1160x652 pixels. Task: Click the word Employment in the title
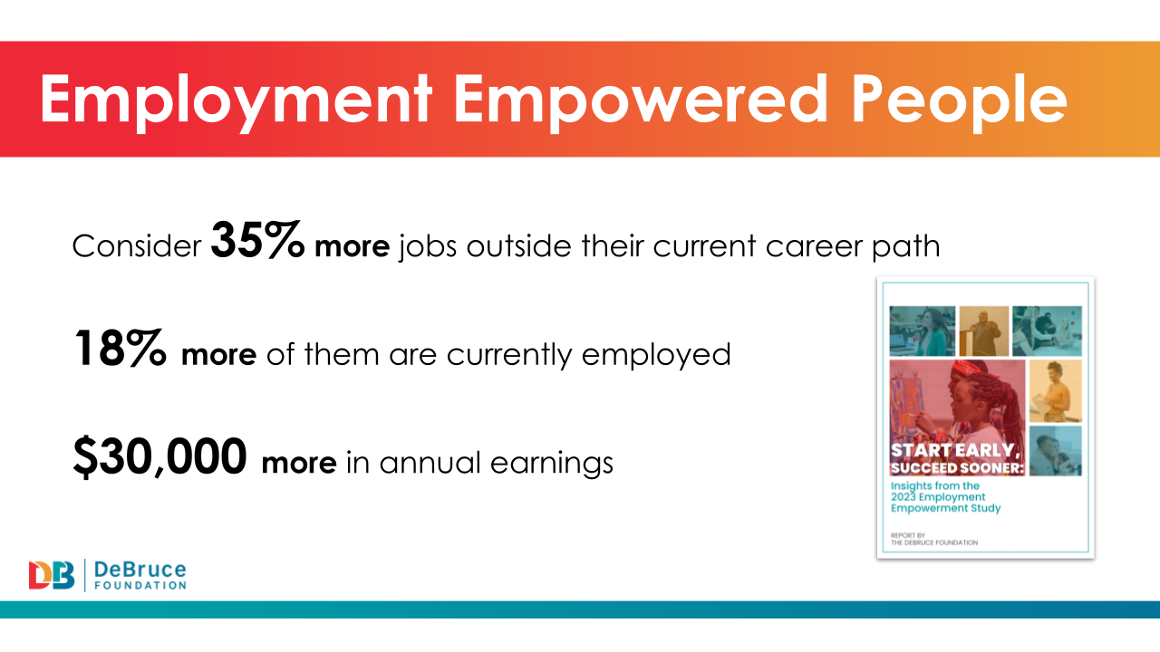coord(237,101)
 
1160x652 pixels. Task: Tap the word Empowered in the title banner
coord(641,101)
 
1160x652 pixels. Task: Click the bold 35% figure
coord(258,240)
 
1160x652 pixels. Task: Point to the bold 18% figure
coord(121,349)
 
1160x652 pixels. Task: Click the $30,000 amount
coord(160,456)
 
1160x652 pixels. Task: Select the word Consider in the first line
coord(137,245)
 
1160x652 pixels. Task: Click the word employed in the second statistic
coord(656,356)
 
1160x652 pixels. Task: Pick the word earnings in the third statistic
coord(552,464)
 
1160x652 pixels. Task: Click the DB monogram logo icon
coord(52,575)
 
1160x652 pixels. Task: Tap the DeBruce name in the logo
coord(140,570)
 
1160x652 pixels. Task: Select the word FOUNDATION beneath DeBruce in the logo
coord(140,585)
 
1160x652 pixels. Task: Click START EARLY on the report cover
coord(955,450)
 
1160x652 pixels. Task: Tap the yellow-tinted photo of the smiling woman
coord(1056,391)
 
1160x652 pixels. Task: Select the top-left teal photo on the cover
coord(923,331)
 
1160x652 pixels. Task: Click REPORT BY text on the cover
coord(908,535)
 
